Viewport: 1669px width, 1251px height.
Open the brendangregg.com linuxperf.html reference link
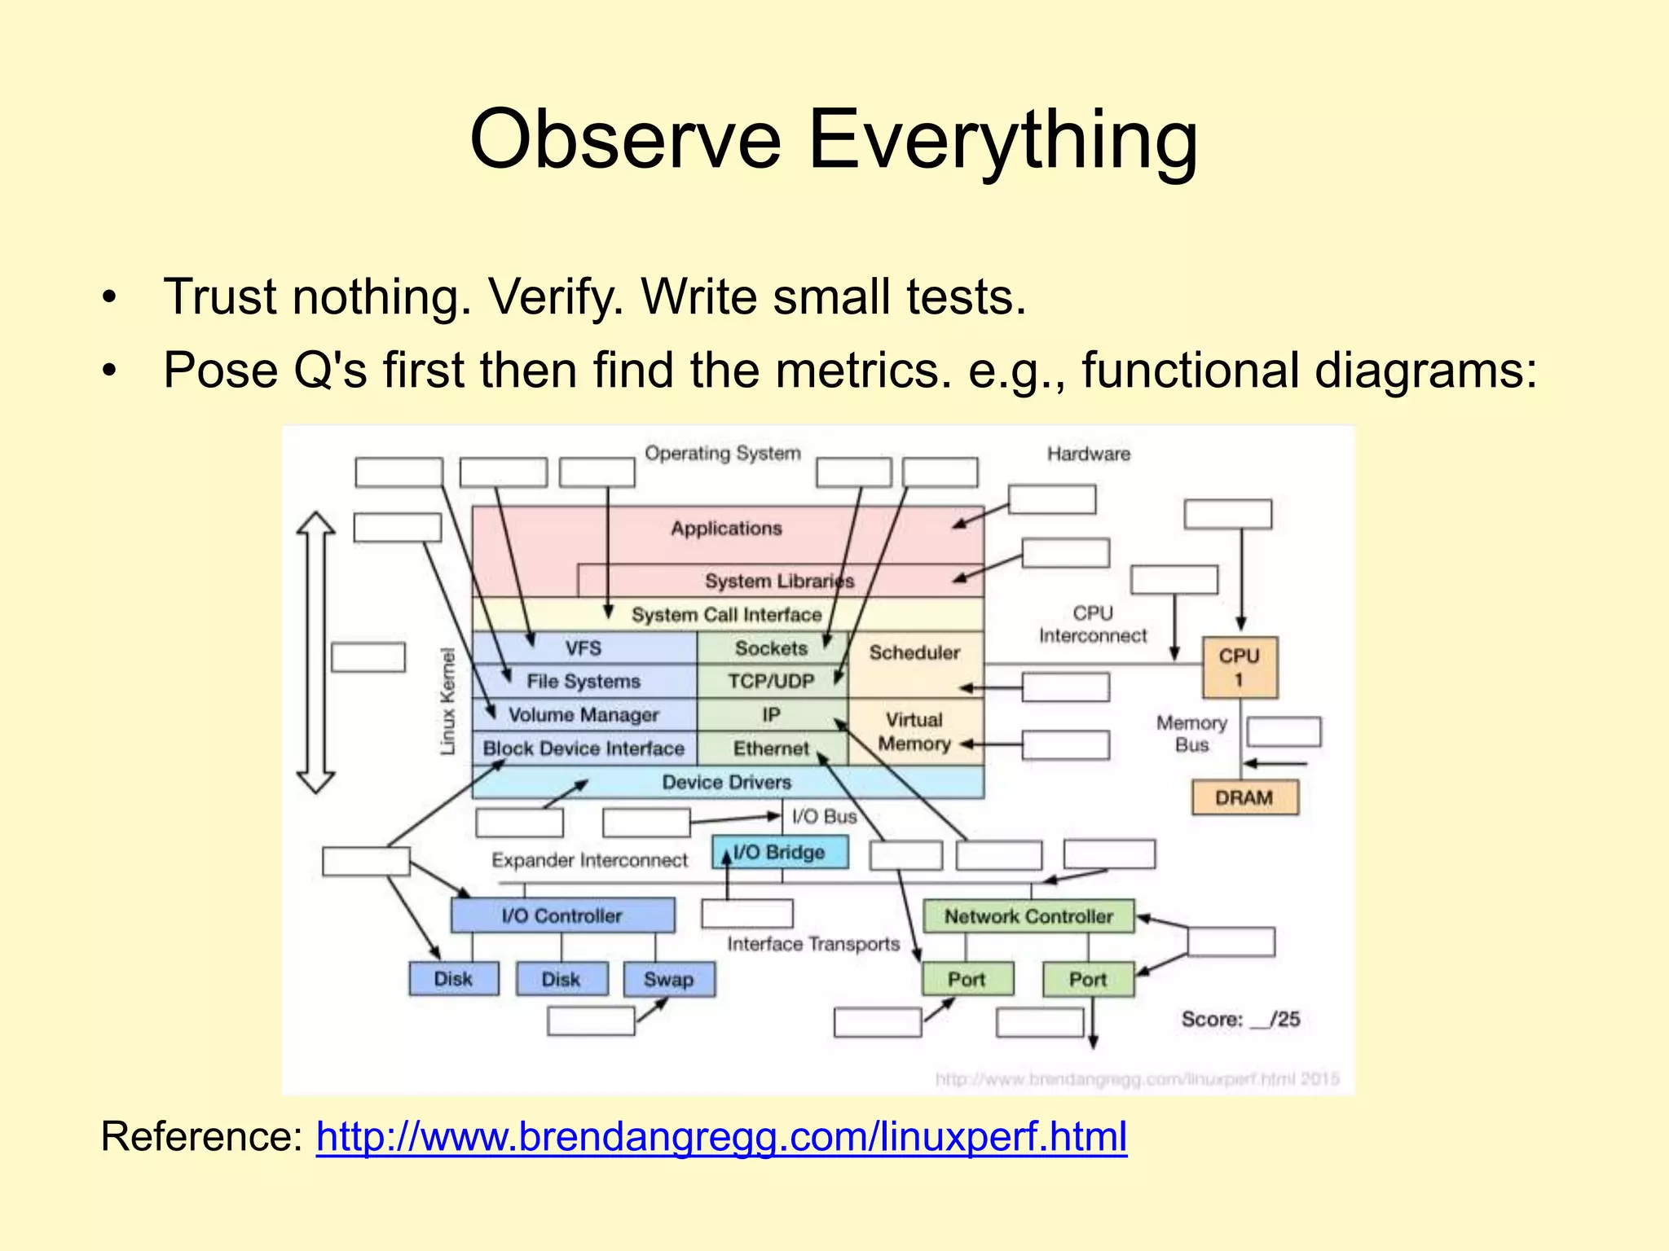721,1136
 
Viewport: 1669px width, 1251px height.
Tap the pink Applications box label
726,529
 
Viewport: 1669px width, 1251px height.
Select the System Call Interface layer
726,615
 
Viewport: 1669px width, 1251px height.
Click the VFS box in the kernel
583,648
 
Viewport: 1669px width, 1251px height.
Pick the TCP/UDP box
771,681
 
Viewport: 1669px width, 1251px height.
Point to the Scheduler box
914,652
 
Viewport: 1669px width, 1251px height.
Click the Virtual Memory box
914,731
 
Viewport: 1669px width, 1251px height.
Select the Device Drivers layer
726,782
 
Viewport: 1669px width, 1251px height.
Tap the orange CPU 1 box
1240,667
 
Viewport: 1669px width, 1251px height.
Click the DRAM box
1244,797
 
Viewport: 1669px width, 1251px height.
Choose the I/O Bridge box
780,852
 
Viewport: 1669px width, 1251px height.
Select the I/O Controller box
561,915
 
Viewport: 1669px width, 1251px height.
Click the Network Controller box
1028,916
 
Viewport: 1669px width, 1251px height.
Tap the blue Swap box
668,979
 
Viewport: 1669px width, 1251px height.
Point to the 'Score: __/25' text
1240,1019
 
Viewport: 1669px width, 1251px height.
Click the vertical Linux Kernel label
447,700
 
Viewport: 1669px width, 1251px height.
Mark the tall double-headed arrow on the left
315,652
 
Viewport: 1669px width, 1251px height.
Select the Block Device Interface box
583,748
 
